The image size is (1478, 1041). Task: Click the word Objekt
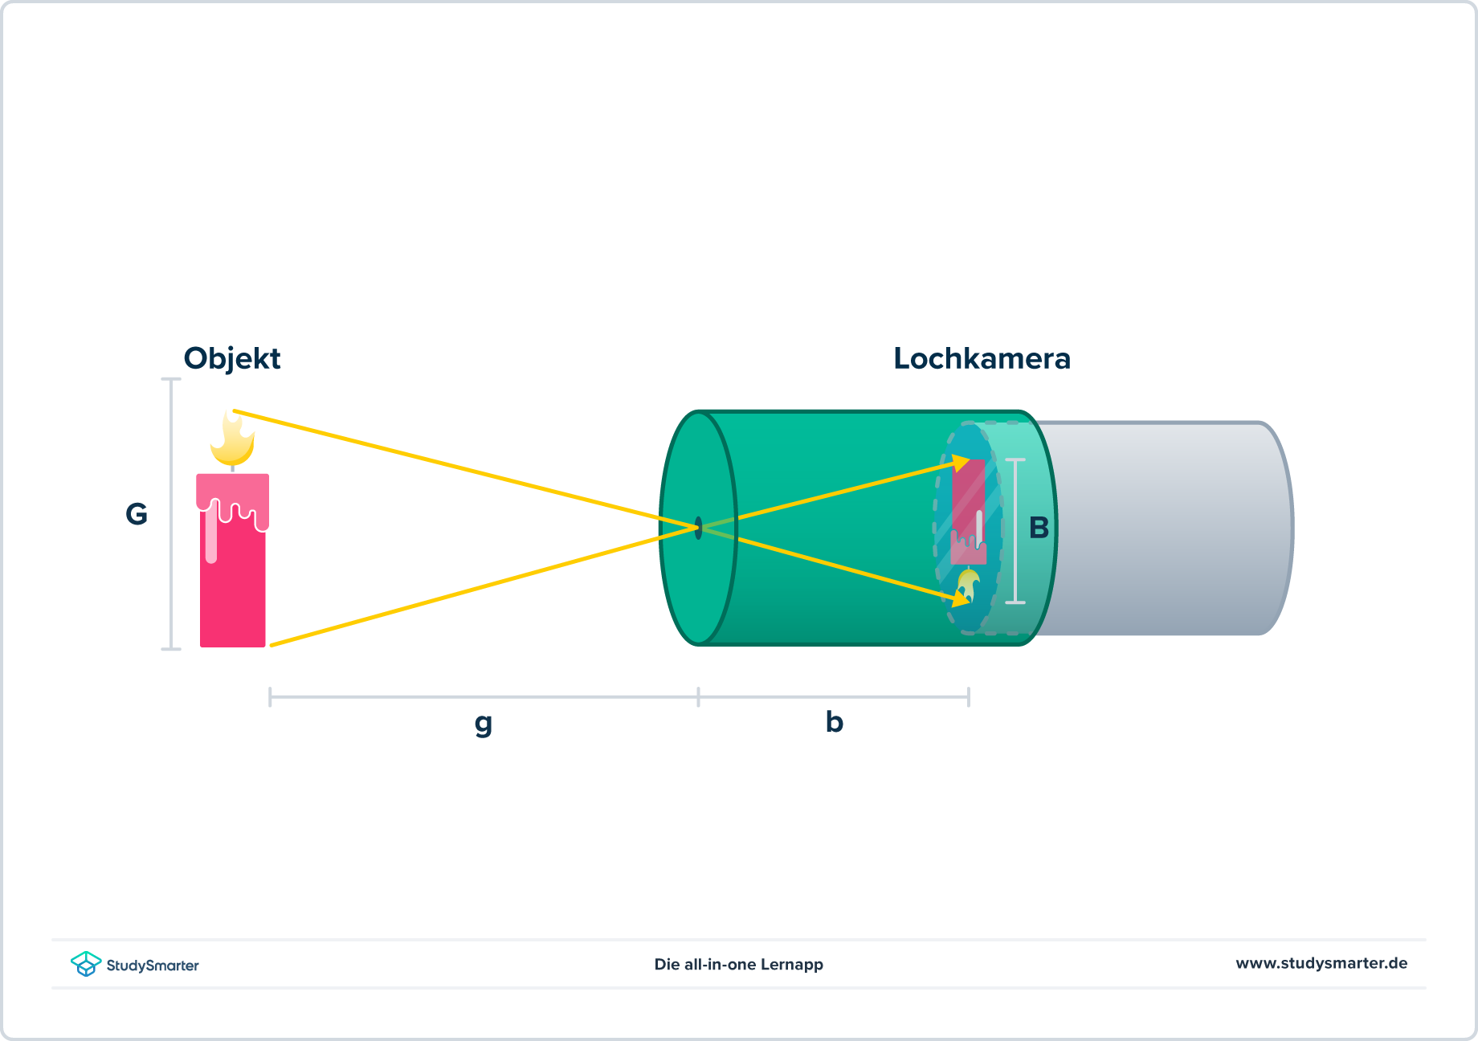(x=232, y=358)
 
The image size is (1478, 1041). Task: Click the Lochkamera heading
(x=982, y=358)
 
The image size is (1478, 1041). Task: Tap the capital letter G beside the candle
(x=137, y=514)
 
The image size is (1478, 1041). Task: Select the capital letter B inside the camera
(x=1039, y=529)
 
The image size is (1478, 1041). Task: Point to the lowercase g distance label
(x=483, y=723)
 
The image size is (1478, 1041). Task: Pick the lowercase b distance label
(x=834, y=722)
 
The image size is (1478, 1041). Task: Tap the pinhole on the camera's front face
(x=699, y=528)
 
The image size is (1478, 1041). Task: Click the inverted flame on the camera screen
(x=967, y=585)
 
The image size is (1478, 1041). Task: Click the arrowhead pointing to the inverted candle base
(x=961, y=463)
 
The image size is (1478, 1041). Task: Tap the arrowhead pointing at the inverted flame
(x=960, y=598)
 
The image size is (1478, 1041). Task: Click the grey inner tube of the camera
(x=1165, y=529)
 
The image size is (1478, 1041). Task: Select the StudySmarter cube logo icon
(x=86, y=963)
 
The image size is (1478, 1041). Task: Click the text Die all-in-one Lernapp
(x=738, y=964)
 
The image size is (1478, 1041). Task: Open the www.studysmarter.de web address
(x=1321, y=963)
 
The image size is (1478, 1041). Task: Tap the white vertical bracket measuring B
(x=1015, y=530)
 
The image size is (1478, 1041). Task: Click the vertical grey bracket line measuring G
(x=171, y=514)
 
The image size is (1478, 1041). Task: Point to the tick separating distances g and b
(x=699, y=696)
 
